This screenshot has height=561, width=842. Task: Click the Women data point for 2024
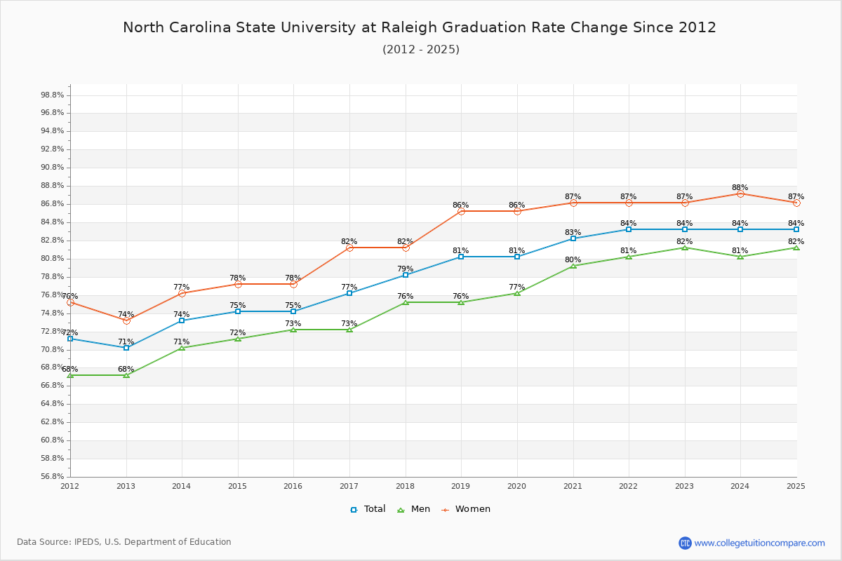(x=740, y=194)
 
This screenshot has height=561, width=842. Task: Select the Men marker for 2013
(x=126, y=375)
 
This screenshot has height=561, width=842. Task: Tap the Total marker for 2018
(x=406, y=275)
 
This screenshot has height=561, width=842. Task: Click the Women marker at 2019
(x=461, y=211)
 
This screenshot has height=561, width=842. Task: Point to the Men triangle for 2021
(x=573, y=266)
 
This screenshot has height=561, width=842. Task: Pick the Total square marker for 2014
(x=182, y=320)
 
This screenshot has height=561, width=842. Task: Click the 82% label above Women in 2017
(x=349, y=242)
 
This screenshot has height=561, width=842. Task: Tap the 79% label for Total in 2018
(x=405, y=269)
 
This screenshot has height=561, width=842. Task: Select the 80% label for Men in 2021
(x=573, y=260)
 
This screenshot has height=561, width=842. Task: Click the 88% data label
(x=740, y=188)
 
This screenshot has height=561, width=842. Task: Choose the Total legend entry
(x=368, y=509)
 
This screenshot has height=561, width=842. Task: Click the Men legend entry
(x=414, y=509)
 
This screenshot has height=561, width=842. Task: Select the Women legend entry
(x=466, y=509)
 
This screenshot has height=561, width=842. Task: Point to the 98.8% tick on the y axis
(x=53, y=95)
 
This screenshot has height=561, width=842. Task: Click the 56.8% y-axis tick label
(x=53, y=477)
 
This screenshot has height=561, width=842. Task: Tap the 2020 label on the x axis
(x=516, y=486)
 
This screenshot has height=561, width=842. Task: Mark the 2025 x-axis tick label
(x=796, y=486)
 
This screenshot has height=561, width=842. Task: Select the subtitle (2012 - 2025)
(x=421, y=50)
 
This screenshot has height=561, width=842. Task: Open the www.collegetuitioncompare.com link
(x=759, y=543)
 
